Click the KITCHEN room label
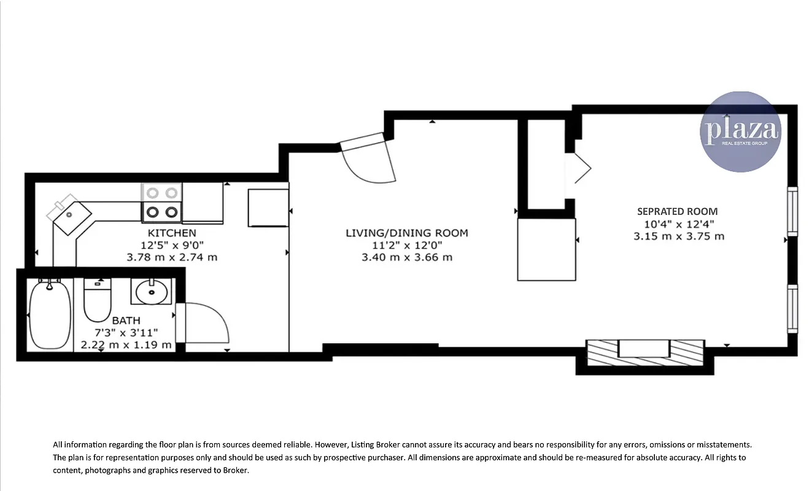pyautogui.click(x=172, y=233)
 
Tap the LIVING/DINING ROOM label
pyautogui.click(x=407, y=233)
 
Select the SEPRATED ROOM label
pyautogui.click(x=677, y=212)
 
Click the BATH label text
pyautogui.click(x=126, y=320)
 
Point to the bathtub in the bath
pyautogui.click(x=50, y=314)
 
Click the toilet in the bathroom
pyautogui.click(x=97, y=301)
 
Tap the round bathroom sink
pyautogui.click(x=151, y=292)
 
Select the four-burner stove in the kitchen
pyautogui.click(x=163, y=203)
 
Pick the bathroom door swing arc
pyautogui.click(x=209, y=322)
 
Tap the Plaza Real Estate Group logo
pyautogui.click(x=741, y=131)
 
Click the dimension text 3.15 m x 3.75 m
pyautogui.click(x=679, y=236)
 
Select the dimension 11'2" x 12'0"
pyautogui.click(x=407, y=245)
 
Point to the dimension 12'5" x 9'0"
pyautogui.click(x=172, y=245)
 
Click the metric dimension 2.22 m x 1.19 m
pyautogui.click(x=126, y=345)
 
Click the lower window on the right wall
pyautogui.click(x=792, y=309)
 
